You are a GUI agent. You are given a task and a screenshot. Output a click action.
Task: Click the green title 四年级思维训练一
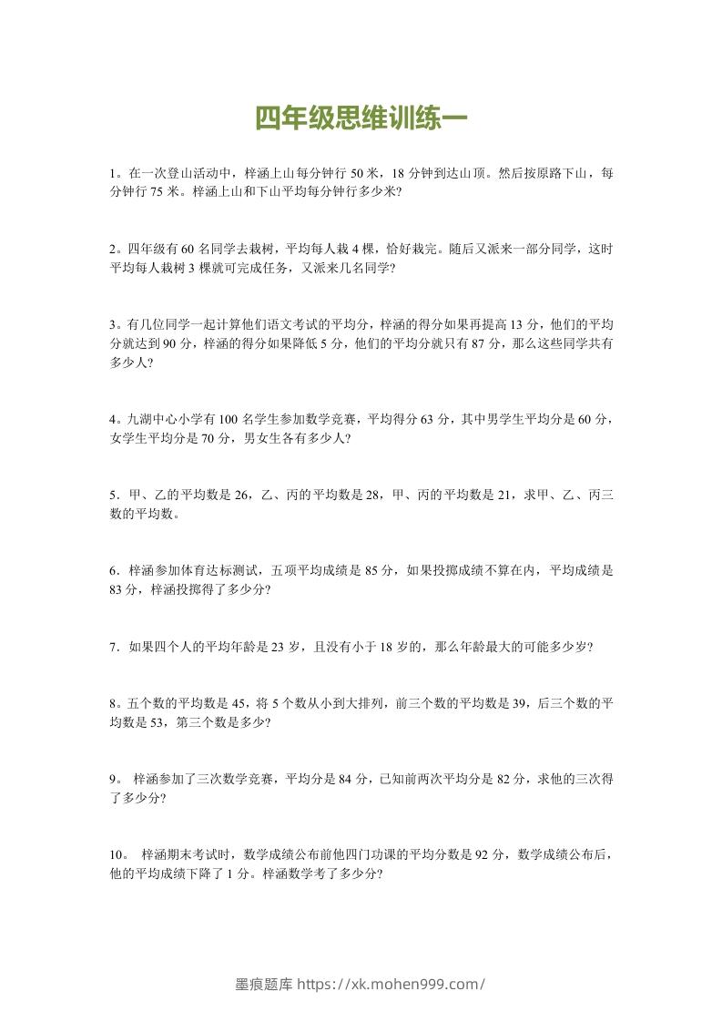(361, 120)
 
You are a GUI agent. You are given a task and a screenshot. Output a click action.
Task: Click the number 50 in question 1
(358, 172)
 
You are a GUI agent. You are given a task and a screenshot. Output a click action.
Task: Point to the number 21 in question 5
(498, 496)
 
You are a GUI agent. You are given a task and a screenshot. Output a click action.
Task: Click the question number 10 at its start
(115, 855)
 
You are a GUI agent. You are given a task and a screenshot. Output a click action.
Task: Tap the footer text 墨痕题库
(264, 984)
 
